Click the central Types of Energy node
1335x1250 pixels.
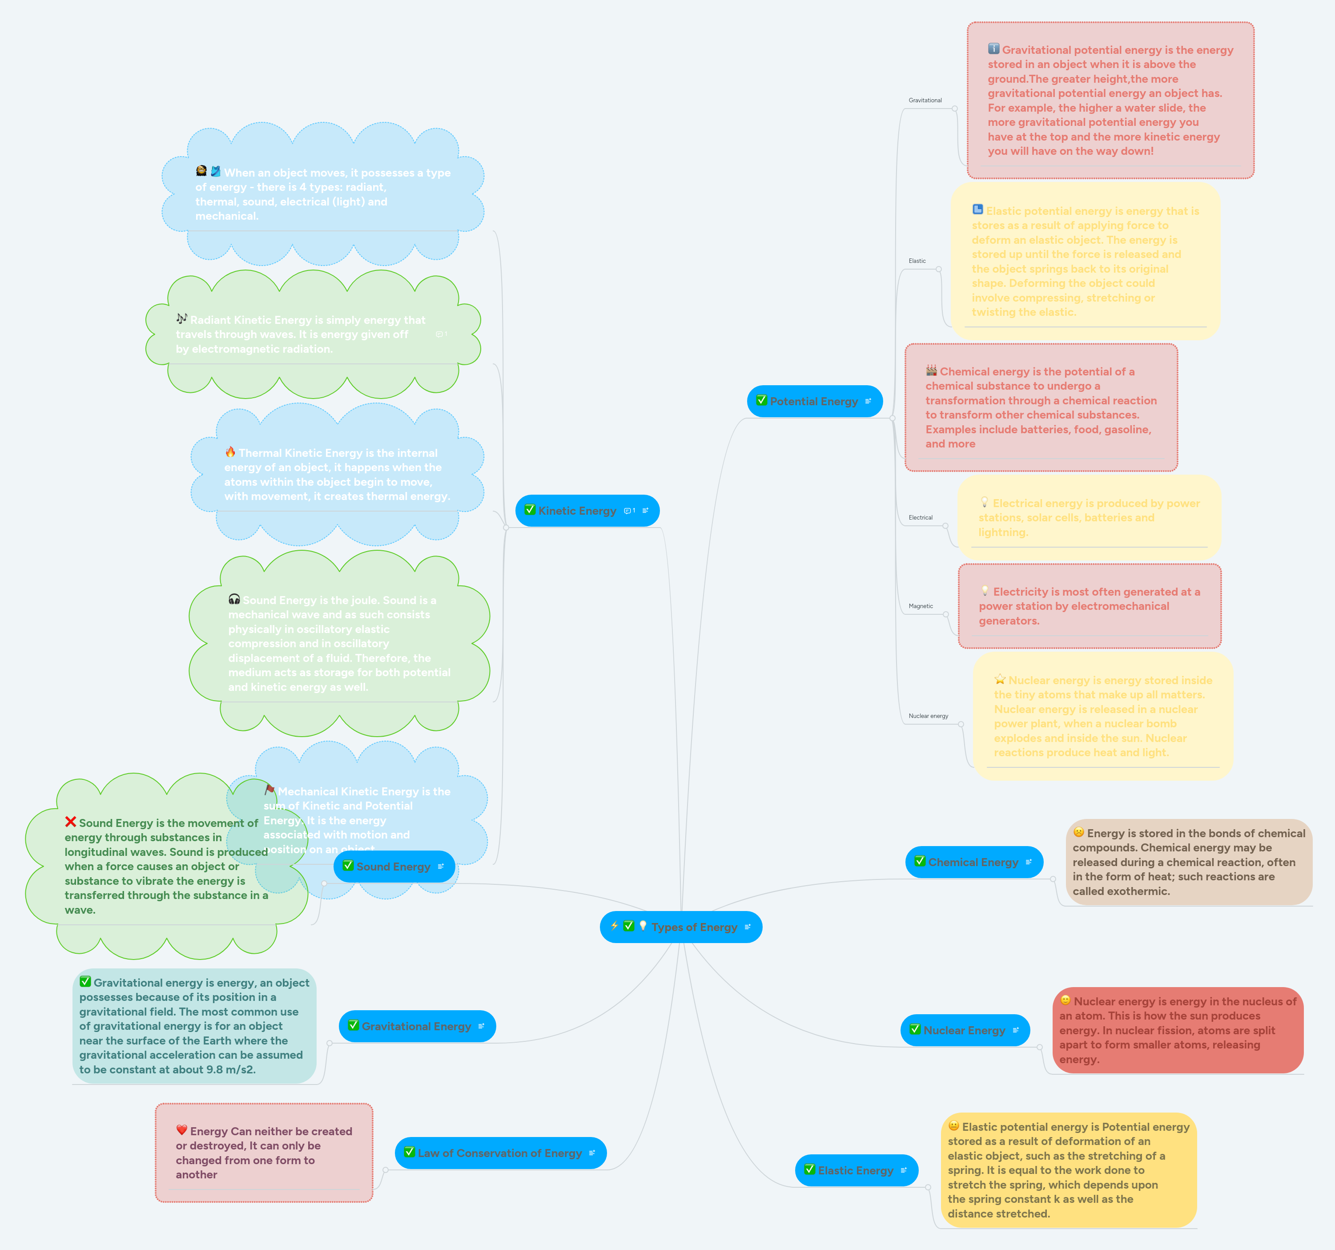pos(681,927)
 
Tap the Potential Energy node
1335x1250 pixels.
pos(814,401)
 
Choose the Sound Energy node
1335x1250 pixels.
pos(394,867)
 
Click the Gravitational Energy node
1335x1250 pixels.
pos(416,1026)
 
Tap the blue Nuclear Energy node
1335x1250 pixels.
pos(964,1030)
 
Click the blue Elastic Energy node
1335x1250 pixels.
pos(856,1170)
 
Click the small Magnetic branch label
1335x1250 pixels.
pos(920,606)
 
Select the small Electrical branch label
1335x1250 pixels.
pos(920,517)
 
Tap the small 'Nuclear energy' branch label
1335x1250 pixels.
pos(928,716)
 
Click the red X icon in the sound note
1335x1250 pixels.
pos(71,822)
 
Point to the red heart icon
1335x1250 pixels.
pos(181,1130)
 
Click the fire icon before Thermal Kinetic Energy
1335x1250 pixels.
pos(230,452)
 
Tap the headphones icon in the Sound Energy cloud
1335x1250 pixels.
pos(234,598)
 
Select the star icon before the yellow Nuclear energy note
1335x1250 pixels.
pos(1000,679)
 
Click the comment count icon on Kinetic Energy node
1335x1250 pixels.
pos(629,511)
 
